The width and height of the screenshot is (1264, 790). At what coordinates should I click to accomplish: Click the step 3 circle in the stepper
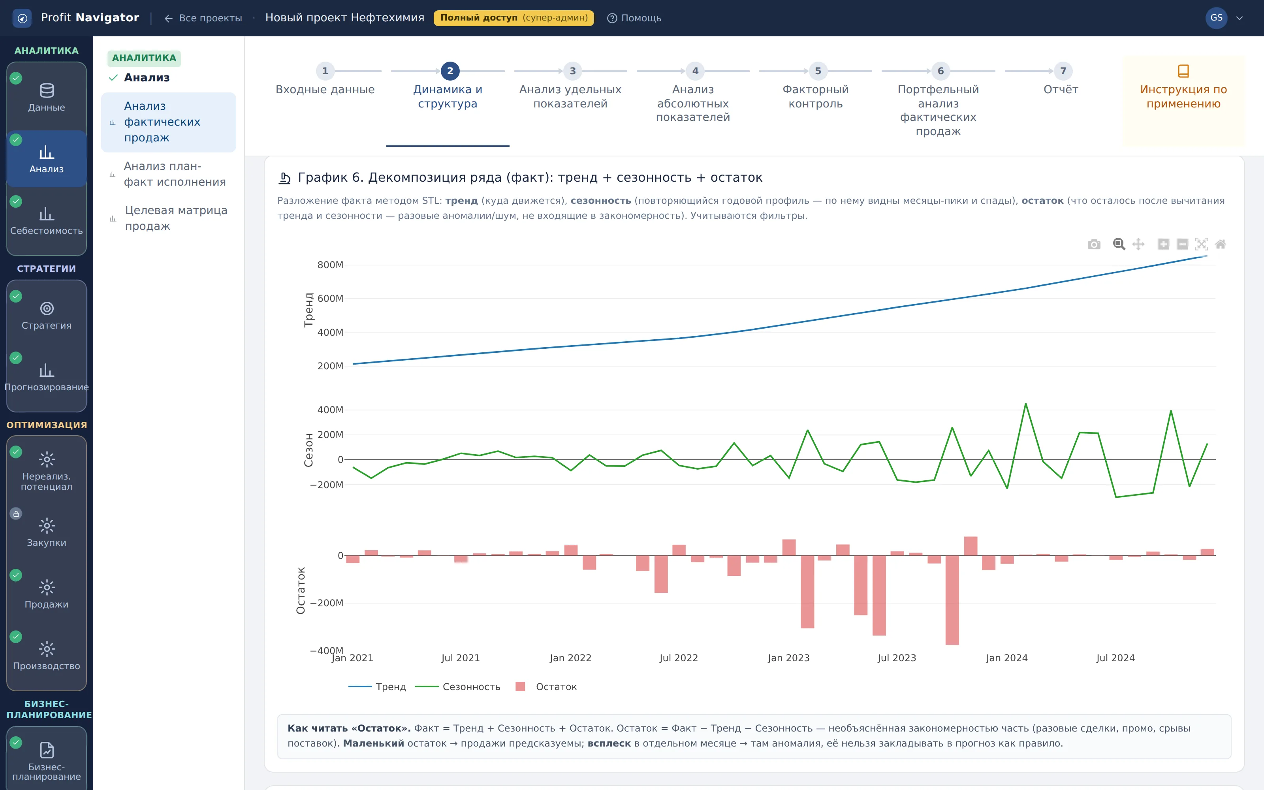(x=572, y=71)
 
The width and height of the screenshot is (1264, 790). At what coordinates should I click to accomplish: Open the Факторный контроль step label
(x=815, y=97)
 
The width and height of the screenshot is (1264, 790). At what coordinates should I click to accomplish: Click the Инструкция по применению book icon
(x=1183, y=71)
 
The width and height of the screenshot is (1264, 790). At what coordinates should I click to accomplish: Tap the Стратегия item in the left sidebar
(x=47, y=316)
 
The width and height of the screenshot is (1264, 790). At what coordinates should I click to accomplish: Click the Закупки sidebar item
(x=47, y=532)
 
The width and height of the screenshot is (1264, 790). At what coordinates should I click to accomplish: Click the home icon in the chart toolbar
(x=1220, y=244)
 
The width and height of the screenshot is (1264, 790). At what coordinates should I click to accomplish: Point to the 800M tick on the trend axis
(x=330, y=265)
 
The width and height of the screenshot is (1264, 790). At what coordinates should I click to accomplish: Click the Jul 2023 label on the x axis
(x=897, y=658)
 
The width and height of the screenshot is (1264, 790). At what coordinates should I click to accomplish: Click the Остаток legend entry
(x=546, y=687)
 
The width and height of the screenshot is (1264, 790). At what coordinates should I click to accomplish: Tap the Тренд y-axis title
(x=308, y=310)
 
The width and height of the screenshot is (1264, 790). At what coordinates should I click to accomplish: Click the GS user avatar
(x=1216, y=18)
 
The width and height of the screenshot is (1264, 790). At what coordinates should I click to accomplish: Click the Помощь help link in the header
(x=634, y=18)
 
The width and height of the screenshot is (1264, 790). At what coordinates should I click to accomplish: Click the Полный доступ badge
(x=513, y=18)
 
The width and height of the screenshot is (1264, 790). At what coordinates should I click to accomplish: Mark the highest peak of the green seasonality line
(x=1026, y=403)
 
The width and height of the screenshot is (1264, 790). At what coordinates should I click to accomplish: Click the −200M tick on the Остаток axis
(x=326, y=603)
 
